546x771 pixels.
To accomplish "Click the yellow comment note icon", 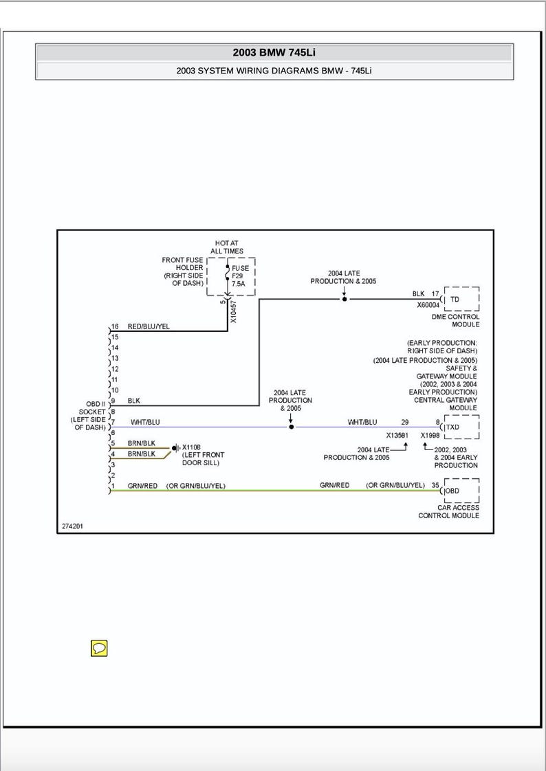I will pos(99,648).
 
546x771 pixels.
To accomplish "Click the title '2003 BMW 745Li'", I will pos(274,53).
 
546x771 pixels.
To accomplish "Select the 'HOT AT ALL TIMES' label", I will pos(227,247).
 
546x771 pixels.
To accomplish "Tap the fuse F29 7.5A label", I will pos(240,276).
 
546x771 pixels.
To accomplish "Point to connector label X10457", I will pos(233,311).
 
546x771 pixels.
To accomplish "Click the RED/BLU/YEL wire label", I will pos(149,326).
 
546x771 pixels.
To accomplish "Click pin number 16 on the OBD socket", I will pos(115,326).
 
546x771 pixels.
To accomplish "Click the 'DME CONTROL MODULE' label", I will pos(455,320).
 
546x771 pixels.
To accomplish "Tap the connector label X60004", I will pos(428,305).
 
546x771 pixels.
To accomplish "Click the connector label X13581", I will pos(397,435).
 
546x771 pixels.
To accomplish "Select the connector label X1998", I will pos(431,435).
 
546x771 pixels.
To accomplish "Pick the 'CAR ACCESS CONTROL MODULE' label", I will pos(448,511).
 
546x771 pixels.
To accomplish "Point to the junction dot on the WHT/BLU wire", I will pos(291,427).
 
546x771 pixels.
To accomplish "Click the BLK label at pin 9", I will pos(133,401).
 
